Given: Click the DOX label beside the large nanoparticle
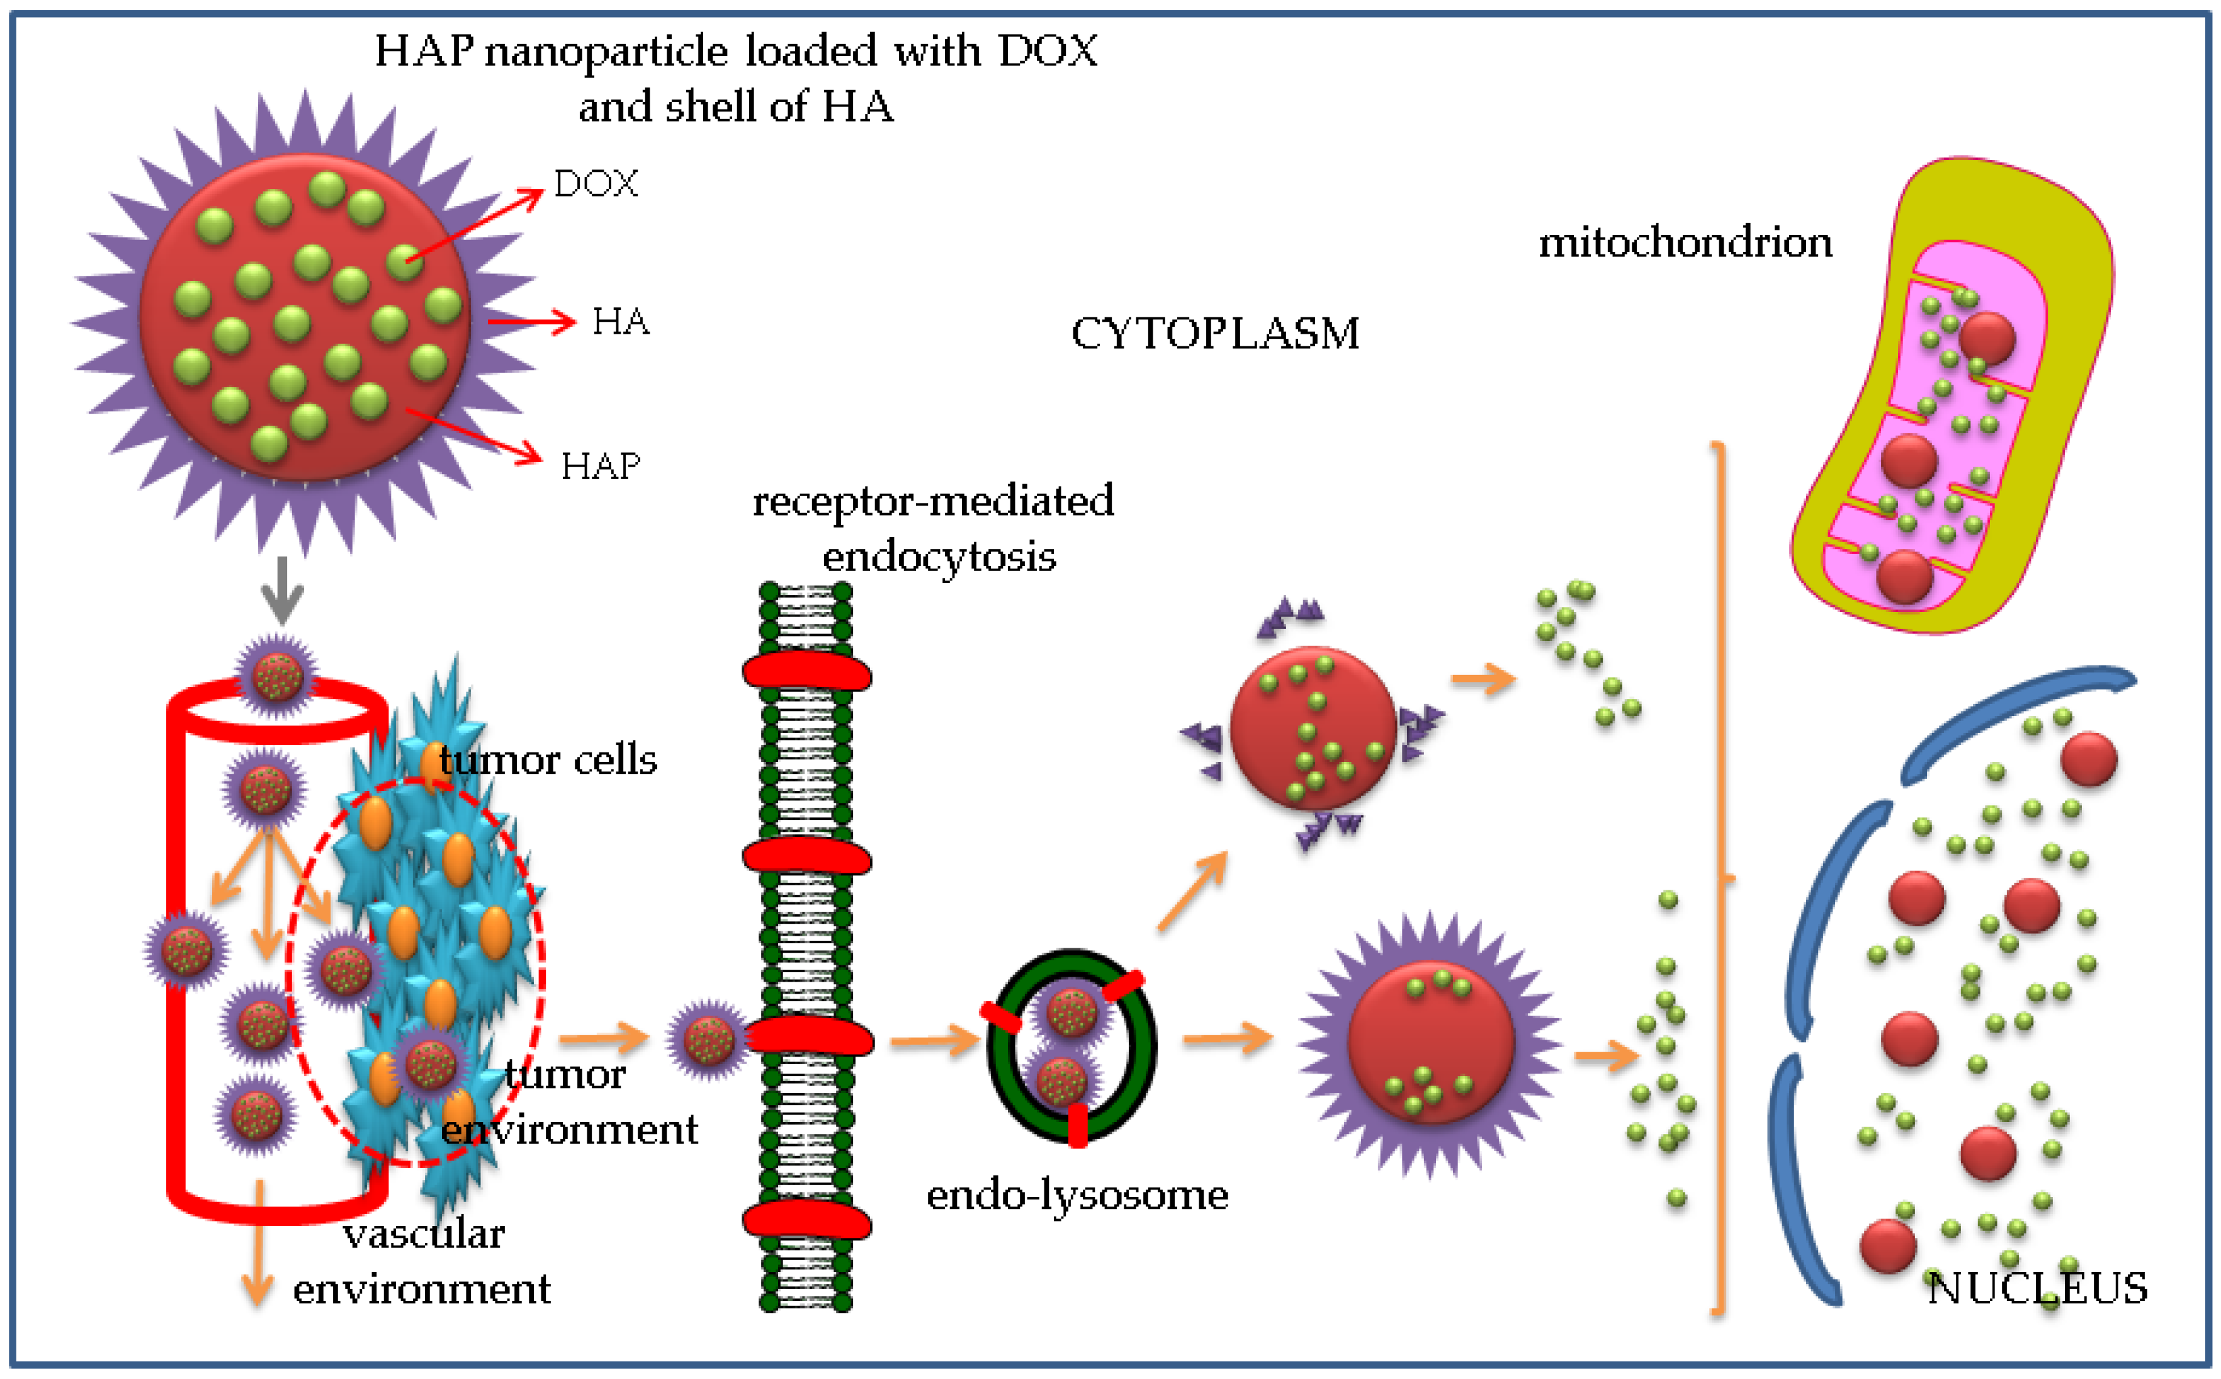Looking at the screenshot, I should pos(596,184).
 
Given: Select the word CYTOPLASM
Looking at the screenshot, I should pos(1214,334).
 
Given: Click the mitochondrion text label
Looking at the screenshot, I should pos(1685,242).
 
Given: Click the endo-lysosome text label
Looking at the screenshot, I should pos(1077,1195).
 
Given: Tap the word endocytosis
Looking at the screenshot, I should pos(939,557).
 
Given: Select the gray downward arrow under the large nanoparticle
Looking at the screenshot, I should pos(282,591).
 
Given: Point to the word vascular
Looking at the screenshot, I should pos(424,1234).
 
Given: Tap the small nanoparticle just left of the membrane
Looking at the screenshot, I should pos(708,1039).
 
